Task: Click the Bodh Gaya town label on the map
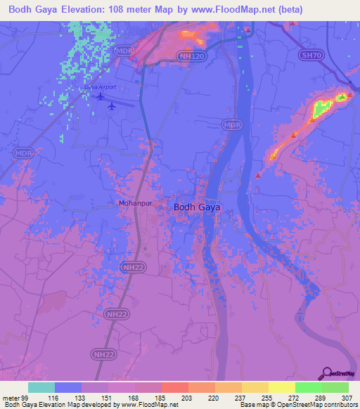click(197, 207)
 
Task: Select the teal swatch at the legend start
click(41, 387)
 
